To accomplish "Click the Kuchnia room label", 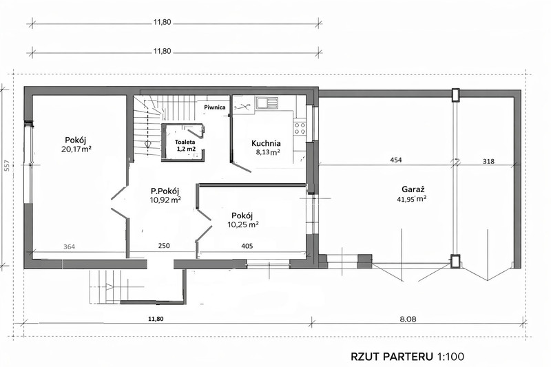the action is click(266, 143).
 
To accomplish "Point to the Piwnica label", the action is click(215, 107).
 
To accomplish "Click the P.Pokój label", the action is click(165, 191).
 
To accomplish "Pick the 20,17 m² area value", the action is click(76, 149).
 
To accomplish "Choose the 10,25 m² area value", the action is click(243, 224).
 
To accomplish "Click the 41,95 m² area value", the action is click(414, 199).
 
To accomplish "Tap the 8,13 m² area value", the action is click(268, 152).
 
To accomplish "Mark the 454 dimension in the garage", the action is click(395, 160).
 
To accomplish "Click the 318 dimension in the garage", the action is click(488, 162).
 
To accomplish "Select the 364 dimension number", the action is click(70, 247).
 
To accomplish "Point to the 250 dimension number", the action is click(164, 246).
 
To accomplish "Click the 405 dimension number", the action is click(247, 246).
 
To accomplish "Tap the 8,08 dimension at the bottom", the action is click(408, 319).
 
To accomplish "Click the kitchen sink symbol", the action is click(267, 103).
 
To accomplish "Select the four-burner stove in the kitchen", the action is click(300, 129).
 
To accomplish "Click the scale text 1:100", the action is click(450, 357).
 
